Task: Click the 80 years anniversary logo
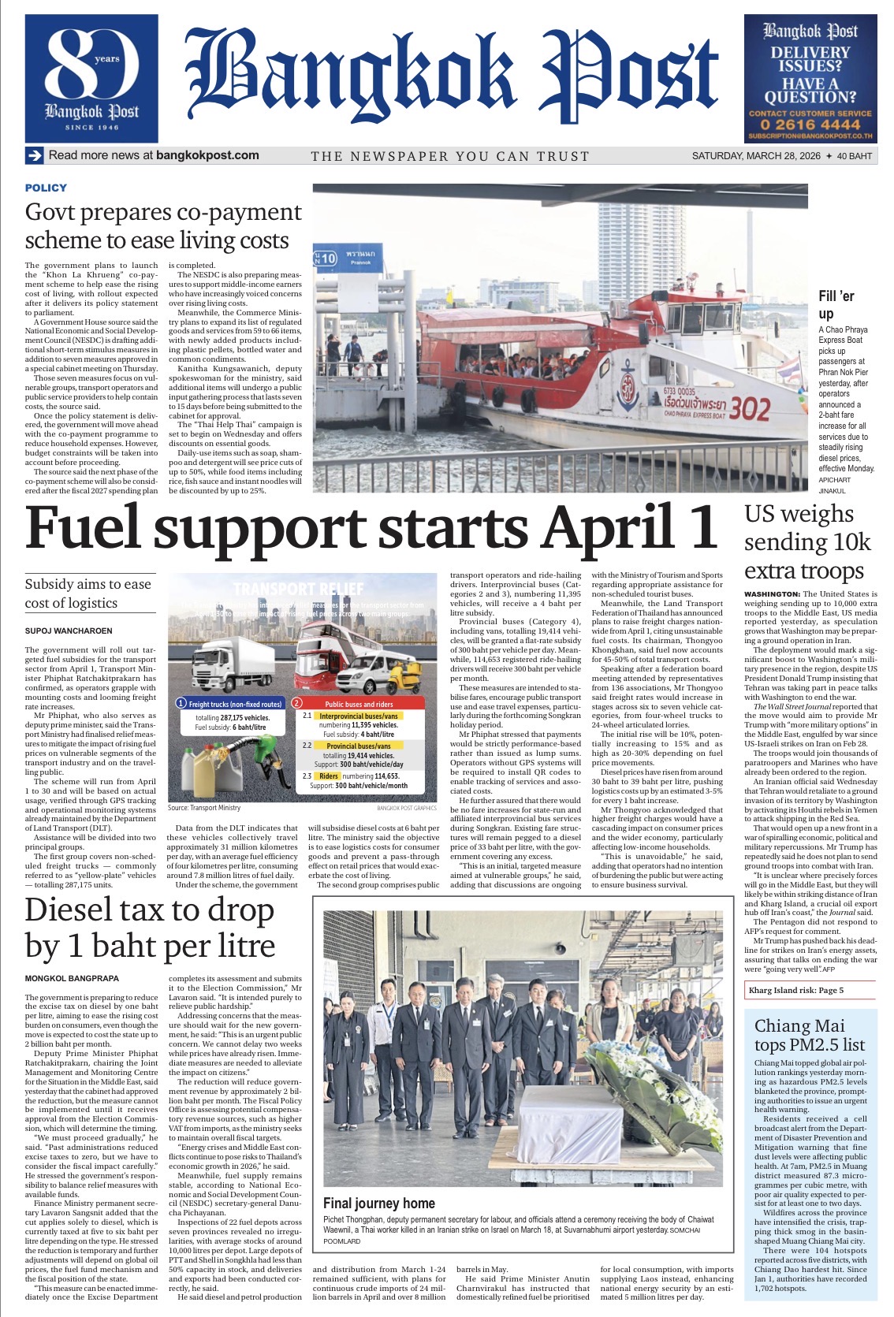click(91, 78)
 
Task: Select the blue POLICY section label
click(46, 188)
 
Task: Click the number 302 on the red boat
click(749, 408)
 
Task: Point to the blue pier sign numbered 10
click(326, 258)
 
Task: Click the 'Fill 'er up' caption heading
click(836, 305)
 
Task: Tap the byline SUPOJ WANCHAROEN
click(69, 631)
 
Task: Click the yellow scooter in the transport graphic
click(410, 677)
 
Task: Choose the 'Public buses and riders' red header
click(359, 703)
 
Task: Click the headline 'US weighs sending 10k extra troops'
click(807, 542)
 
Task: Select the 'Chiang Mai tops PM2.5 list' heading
click(810, 1035)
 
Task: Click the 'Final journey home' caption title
click(379, 1204)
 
